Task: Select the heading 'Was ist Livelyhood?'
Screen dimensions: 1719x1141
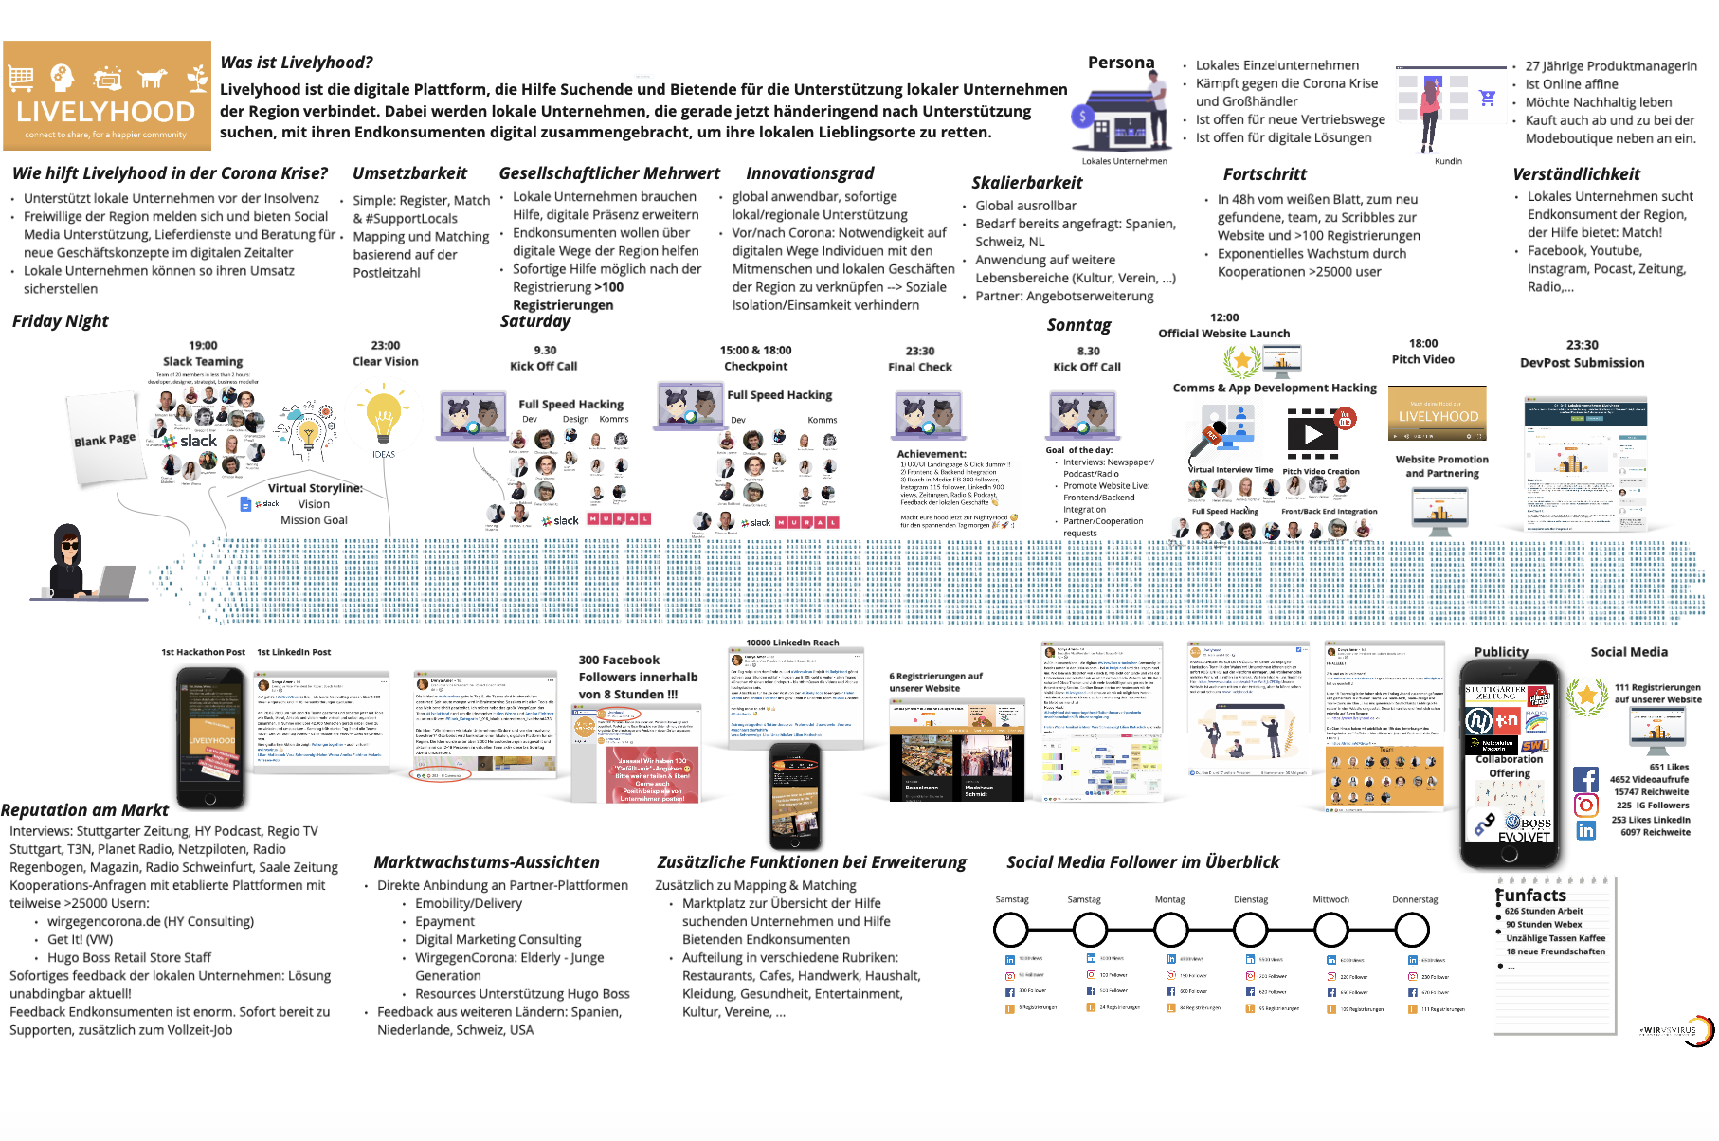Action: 296,63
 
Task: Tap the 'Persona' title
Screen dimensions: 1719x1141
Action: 1120,63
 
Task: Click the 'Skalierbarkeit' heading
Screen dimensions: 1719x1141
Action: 1026,183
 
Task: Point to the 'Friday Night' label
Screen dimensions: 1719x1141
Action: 61,321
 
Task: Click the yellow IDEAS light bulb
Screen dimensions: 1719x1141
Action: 384,418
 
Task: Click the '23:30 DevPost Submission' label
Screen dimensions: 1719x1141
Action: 1582,354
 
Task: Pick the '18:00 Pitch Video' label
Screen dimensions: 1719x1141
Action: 1422,352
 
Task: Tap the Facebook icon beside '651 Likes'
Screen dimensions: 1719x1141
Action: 1585,779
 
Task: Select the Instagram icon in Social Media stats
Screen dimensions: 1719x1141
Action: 1585,805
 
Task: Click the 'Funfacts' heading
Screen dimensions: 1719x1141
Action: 1530,896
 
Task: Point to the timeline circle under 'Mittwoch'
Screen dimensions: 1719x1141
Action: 1330,930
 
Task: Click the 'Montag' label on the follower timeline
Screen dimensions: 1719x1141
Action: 1169,899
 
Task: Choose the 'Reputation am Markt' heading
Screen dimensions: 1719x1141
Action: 85,810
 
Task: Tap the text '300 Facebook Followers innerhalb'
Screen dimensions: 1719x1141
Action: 637,668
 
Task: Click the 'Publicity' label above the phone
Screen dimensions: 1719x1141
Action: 1500,652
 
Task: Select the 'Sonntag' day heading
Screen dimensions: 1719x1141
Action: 1078,325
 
